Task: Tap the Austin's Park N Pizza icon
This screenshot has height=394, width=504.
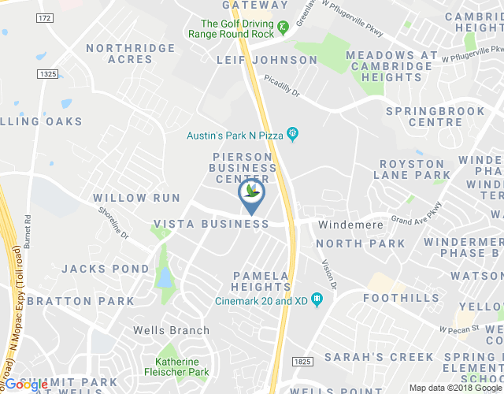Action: (292, 135)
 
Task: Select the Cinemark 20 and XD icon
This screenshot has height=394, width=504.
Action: (317, 299)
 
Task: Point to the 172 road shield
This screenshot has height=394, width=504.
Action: (45, 17)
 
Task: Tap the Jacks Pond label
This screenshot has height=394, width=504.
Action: (106, 269)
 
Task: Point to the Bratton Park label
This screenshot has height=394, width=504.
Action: (81, 301)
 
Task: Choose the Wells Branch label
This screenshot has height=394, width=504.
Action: (171, 330)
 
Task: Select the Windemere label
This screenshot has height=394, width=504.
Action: (350, 225)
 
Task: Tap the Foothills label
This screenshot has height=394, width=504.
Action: (402, 299)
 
